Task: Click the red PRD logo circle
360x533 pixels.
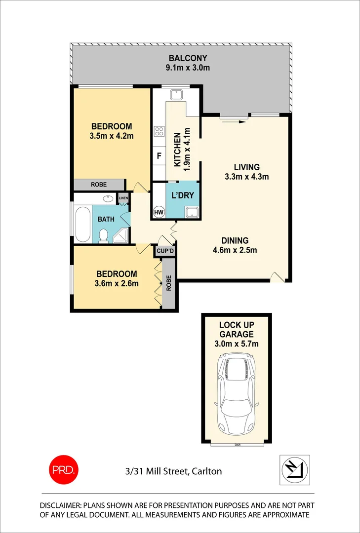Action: coord(63,469)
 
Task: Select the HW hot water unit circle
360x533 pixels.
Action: coord(159,212)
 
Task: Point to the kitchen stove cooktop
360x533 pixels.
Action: coord(160,131)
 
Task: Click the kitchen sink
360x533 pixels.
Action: coord(175,95)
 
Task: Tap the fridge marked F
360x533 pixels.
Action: coord(159,156)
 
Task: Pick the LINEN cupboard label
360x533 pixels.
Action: coord(123,198)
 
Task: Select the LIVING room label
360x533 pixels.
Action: coord(246,167)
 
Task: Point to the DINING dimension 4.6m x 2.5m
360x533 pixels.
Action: coord(232,250)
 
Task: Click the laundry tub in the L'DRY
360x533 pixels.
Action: coord(191,212)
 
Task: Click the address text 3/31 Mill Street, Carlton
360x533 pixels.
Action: coord(173,471)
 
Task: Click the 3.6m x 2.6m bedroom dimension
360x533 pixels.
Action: coord(117,283)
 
